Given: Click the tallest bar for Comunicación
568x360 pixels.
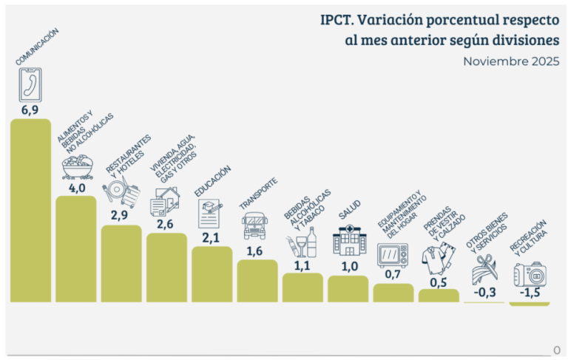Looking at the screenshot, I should pos(30,211).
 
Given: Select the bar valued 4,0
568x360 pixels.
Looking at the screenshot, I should pos(76,249).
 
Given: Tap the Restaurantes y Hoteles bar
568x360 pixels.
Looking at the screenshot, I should pos(121,264).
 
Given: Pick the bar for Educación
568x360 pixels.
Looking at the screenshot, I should pos(212,274).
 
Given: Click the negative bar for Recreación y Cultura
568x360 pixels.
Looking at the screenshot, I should pos(530,304).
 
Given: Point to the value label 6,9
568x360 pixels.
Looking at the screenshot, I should pos(30,109).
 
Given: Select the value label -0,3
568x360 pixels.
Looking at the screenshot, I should pos(484,293).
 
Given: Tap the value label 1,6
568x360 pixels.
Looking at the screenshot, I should pos(257,251).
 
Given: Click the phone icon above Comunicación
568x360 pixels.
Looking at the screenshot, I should pos(30,84).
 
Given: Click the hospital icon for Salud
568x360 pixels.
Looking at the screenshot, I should pos(348,241).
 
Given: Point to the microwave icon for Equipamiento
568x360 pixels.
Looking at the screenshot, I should pos(393,255).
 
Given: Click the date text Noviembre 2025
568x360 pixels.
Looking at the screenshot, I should pos(511,61).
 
